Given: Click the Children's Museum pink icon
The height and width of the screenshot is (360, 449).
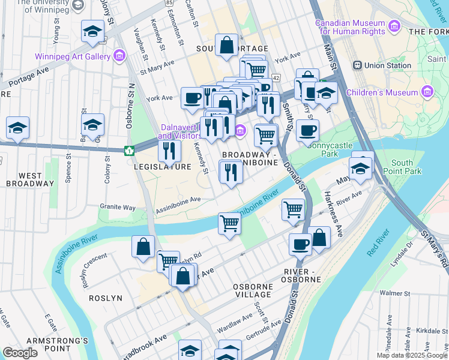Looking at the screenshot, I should pyautogui.click(x=427, y=92).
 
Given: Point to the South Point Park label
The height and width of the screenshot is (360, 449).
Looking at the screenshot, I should pyautogui.click(x=402, y=167).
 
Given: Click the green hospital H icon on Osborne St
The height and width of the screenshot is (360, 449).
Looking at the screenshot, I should pyautogui.click(x=128, y=150).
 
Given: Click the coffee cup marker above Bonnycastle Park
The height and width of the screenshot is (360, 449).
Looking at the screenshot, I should pyautogui.click(x=307, y=130).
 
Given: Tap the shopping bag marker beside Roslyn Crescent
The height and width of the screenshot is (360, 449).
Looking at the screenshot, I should pyautogui.click(x=143, y=247).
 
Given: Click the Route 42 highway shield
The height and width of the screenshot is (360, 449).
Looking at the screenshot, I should pyautogui.click(x=276, y=77).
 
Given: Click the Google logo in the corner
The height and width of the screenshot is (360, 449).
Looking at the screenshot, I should pyautogui.click(x=20, y=353).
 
